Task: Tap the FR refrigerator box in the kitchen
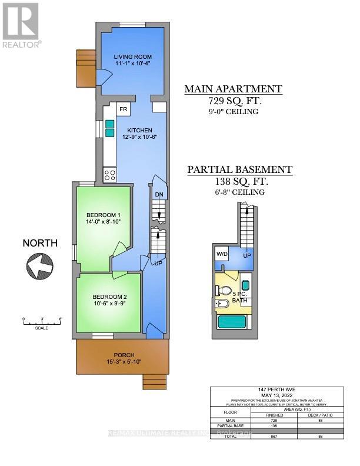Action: [124, 110]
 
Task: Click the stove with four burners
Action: [110, 174]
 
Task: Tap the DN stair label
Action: [159, 195]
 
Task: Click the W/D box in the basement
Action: [223, 254]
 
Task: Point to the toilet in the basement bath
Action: [225, 290]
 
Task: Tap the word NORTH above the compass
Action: [40, 242]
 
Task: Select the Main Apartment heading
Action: [234, 89]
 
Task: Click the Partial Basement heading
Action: [239, 170]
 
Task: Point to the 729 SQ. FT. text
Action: [234, 101]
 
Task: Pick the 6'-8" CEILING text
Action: [239, 192]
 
